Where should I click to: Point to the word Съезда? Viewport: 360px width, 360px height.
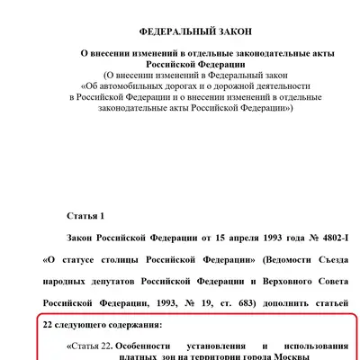click(321, 261)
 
